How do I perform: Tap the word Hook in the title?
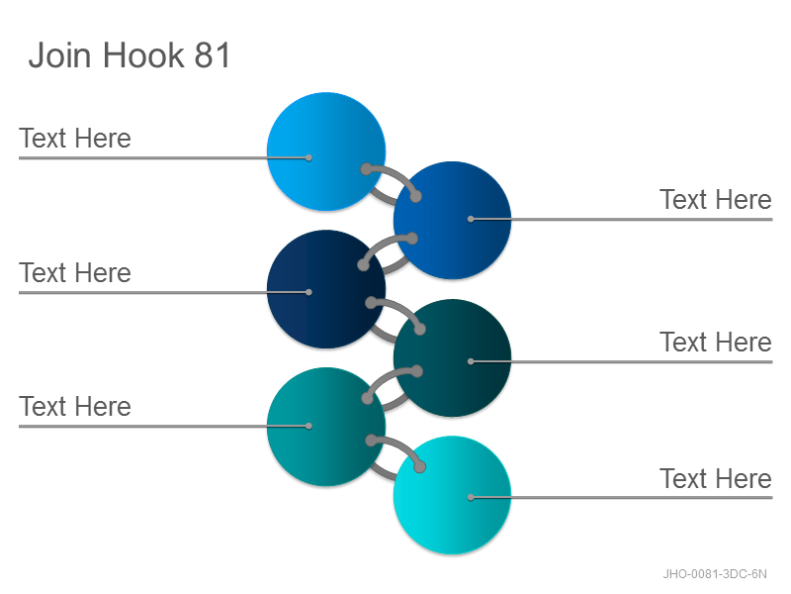pos(143,54)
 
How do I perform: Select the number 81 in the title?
pos(212,54)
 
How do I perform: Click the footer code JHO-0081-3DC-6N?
pos(715,574)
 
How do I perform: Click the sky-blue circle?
pos(326,151)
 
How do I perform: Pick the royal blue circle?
pos(453,220)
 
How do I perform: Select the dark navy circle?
pos(326,289)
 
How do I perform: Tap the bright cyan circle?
pos(453,495)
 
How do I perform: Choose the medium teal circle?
pos(326,427)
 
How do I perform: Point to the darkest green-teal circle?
pos(453,358)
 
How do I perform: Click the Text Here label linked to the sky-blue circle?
pos(75,138)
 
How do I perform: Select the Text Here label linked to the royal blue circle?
pos(716,200)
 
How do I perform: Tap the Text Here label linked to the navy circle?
pos(75,273)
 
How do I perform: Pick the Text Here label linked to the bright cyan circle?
pos(716,478)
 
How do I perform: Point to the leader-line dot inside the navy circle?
pos(308,292)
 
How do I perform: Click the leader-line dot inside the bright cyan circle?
pos(471,498)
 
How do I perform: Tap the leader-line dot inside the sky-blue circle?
pos(308,157)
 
